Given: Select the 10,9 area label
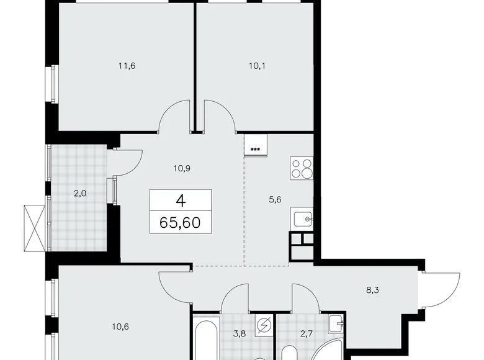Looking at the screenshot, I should tap(181, 168).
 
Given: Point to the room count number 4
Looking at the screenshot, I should tap(181, 200).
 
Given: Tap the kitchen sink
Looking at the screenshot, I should tap(303, 218).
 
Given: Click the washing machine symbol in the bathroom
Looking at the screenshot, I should tap(264, 325).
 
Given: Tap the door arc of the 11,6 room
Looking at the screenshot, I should tap(174, 118).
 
